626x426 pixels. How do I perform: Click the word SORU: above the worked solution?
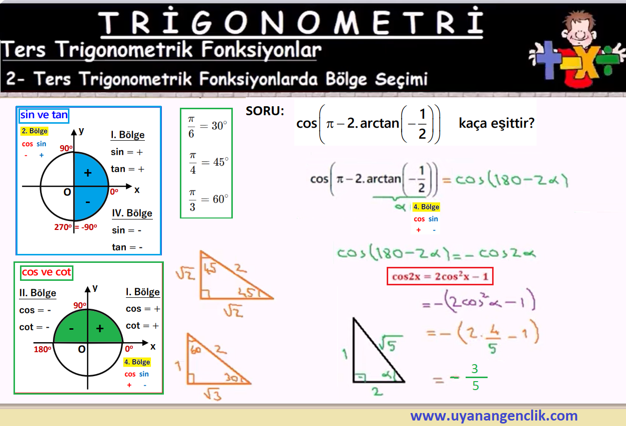coord(265,111)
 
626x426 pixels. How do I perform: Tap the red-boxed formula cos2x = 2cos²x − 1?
coord(440,276)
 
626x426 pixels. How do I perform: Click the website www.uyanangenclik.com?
coord(494,416)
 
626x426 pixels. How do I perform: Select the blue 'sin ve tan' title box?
coord(44,115)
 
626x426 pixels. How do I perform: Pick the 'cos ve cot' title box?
coord(46,272)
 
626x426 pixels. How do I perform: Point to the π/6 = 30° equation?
coord(207,127)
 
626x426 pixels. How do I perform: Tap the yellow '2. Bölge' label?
coord(34,131)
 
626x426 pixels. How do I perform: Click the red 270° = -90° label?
coord(75,227)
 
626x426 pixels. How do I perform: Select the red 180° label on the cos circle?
coord(42,349)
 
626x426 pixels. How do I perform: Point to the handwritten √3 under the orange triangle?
coord(213,394)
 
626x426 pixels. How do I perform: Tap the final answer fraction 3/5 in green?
coord(475,378)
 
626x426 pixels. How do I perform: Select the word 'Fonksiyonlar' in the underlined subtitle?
coord(261,50)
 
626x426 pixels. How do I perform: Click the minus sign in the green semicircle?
coord(71,329)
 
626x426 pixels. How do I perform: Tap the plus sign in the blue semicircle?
coord(88,173)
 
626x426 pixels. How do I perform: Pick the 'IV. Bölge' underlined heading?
coord(132,213)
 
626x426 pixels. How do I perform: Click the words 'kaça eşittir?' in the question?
coord(496,123)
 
